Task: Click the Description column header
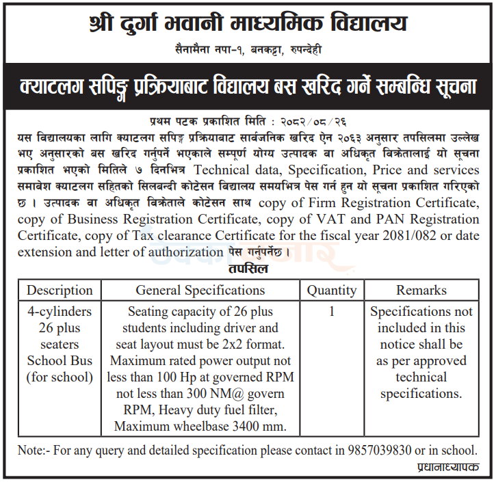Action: pyautogui.click(x=60, y=291)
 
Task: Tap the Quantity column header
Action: pyautogui.click(x=331, y=291)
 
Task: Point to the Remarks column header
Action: pyautogui.click(x=421, y=291)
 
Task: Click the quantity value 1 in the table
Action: pyautogui.click(x=332, y=312)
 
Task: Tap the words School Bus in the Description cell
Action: pyautogui.click(x=60, y=361)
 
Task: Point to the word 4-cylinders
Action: pyautogui.click(x=60, y=312)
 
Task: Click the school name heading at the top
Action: pyautogui.click(x=248, y=25)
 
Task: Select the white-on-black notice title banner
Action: pyautogui.click(x=248, y=87)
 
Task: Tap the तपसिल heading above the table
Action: pyautogui.click(x=248, y=269)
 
